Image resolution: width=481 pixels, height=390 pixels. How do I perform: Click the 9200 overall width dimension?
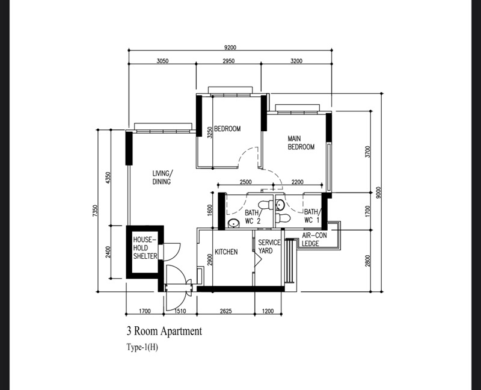[x=230, y=49]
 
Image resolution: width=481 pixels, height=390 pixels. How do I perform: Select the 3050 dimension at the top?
[x=162, y=61]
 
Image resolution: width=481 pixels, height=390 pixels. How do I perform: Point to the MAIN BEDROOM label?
[x=301, y=143]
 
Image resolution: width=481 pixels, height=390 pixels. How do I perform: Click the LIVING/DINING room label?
[x=162, y=178]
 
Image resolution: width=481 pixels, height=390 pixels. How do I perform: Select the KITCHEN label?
[x=226, y=252]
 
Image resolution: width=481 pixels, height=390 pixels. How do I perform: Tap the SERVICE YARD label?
[x=269, y=247]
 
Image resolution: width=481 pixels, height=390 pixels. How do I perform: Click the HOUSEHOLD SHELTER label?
[x=145, y=247]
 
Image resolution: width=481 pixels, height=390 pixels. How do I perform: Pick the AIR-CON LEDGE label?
[x=314, y=240]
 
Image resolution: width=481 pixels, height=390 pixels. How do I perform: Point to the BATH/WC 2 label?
[x=253, y=217]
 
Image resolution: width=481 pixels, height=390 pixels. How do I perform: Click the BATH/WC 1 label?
[x=311, y=216]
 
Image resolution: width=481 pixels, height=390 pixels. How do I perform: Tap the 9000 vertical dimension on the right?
[x=378, y=193]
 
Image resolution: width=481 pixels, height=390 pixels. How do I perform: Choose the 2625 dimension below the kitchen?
[x=226, y=311]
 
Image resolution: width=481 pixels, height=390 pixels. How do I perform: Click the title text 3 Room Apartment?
[x=164, y=331]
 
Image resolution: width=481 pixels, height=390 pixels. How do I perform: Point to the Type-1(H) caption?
[x=142, y=347]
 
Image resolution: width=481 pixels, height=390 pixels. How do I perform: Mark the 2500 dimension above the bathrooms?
[x=245, y=182]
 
